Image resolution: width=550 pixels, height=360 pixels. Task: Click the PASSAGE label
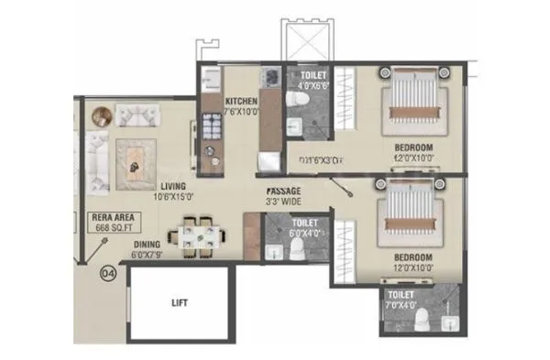pyautogui.click(x=282, y=191)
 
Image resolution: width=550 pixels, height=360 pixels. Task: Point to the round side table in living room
pyautogui.click(x=101, y=115)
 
